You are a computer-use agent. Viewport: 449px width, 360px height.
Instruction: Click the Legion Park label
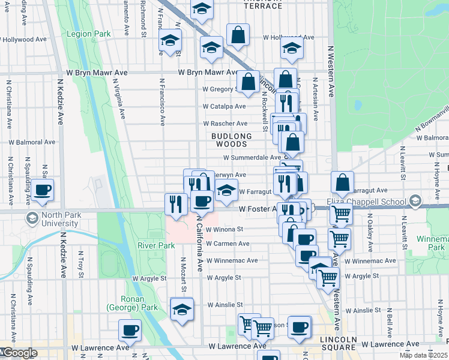(x=88, y=34)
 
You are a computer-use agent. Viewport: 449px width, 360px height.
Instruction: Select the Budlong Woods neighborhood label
(x=231, y=140)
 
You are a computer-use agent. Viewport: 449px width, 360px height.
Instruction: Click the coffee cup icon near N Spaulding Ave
(x=42, y=190)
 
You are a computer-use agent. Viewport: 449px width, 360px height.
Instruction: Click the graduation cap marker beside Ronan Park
(x=181, y=309)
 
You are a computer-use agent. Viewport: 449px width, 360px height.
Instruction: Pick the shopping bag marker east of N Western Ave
(x=342, y=183)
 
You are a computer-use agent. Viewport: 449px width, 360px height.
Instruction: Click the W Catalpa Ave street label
(x=224, y=106)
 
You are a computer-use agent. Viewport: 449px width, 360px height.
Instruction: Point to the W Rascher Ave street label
(x=225, y=123)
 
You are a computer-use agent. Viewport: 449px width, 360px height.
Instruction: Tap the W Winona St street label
(x=224, y=229)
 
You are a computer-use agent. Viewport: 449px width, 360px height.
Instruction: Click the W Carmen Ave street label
(x=228, y=244)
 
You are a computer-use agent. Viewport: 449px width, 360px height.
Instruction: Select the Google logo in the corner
(x=19, y=353)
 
